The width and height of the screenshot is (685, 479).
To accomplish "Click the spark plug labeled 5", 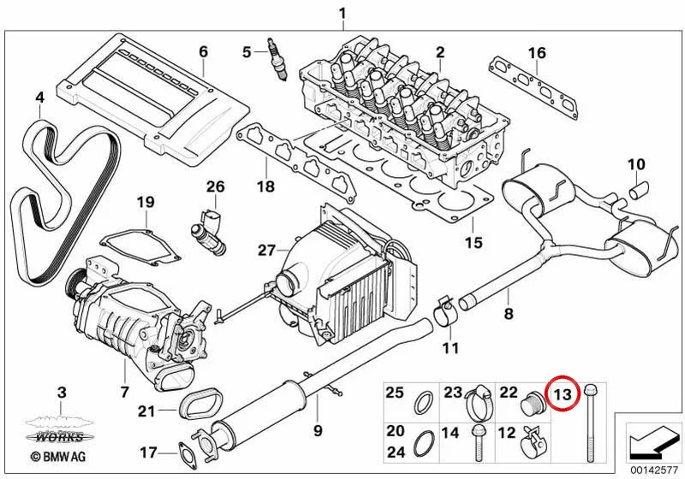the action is (277, 61).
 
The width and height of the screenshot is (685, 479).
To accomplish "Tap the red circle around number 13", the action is (563, 393).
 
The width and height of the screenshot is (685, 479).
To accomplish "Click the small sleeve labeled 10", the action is (639, 190).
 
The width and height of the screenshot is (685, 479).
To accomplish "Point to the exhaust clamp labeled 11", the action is (444, 311).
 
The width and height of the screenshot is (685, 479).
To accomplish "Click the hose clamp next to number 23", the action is (479, 400).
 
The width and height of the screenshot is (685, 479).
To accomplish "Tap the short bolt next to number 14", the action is (478, 442).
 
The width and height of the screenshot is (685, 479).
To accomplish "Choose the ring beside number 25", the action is (423, 403).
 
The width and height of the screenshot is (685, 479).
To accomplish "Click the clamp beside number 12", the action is (533, 442).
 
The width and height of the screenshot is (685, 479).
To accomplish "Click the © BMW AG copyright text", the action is (58, 457).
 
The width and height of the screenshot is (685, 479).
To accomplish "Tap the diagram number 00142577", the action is (654, 470).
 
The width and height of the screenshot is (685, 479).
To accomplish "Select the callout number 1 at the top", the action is (343, 13).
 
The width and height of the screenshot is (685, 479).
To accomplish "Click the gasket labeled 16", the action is (533, 89).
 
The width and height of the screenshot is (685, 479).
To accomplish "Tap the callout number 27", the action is (267, 251).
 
